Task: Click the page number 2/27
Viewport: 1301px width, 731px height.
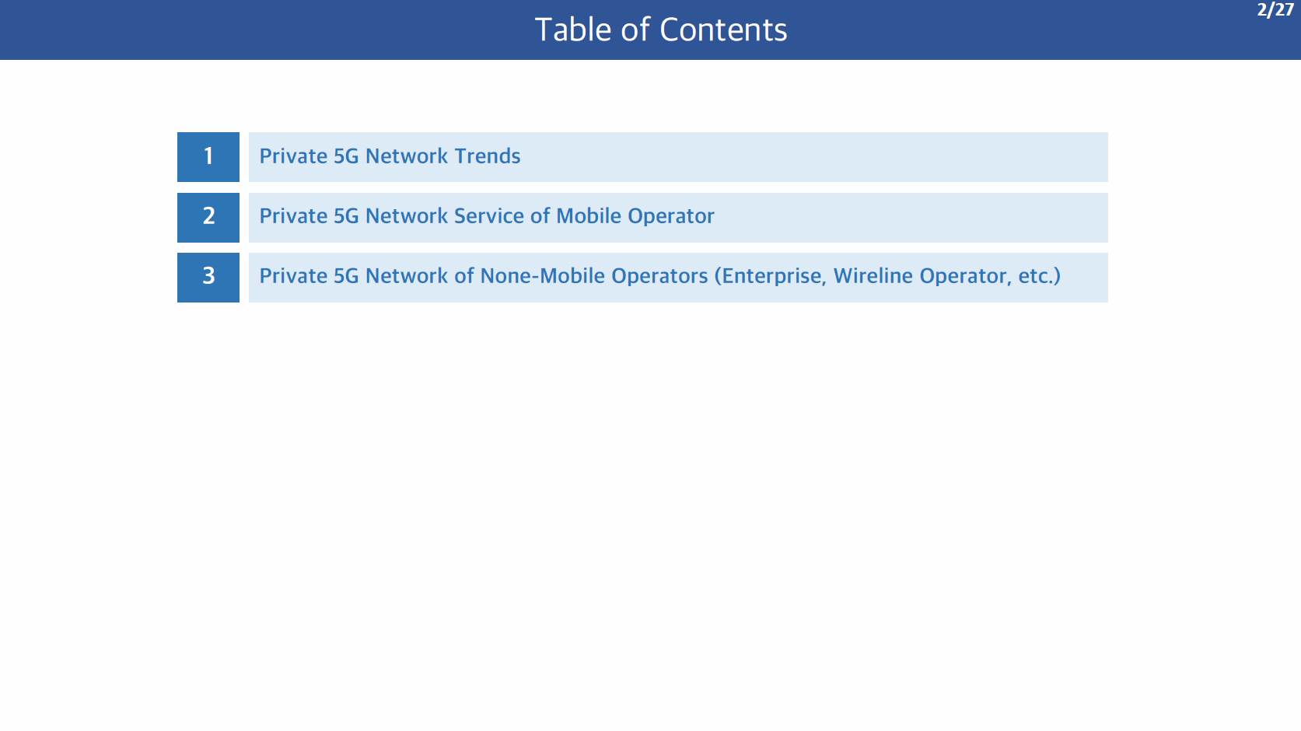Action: [1275, 10]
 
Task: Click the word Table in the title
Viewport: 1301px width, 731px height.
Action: [572, 30]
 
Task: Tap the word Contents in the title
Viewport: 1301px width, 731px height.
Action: [723, 30]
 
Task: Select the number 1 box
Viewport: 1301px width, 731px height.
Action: [208, 157]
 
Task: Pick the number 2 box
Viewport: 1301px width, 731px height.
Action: [208, 217]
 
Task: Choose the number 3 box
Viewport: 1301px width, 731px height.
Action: [208, 278]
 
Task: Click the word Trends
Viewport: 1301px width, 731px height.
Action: [488, 156]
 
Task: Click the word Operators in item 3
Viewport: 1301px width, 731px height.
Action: [659, 277]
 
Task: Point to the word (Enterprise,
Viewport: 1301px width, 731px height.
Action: [770, 277]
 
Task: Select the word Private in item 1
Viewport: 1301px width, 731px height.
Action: [292, 156]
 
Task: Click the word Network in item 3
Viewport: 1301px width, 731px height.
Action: [406, 276]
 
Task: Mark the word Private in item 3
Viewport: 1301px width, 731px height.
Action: [292, 276]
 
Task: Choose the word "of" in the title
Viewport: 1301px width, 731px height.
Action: [635, 30]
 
